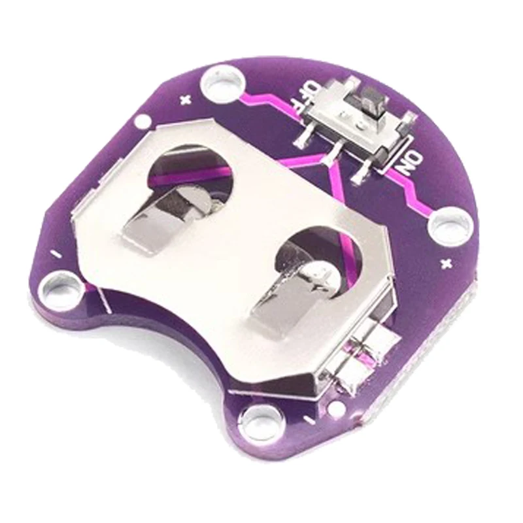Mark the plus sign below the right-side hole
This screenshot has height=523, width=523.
tap(447, 263)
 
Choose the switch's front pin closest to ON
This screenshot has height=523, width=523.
tap(358, 173)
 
